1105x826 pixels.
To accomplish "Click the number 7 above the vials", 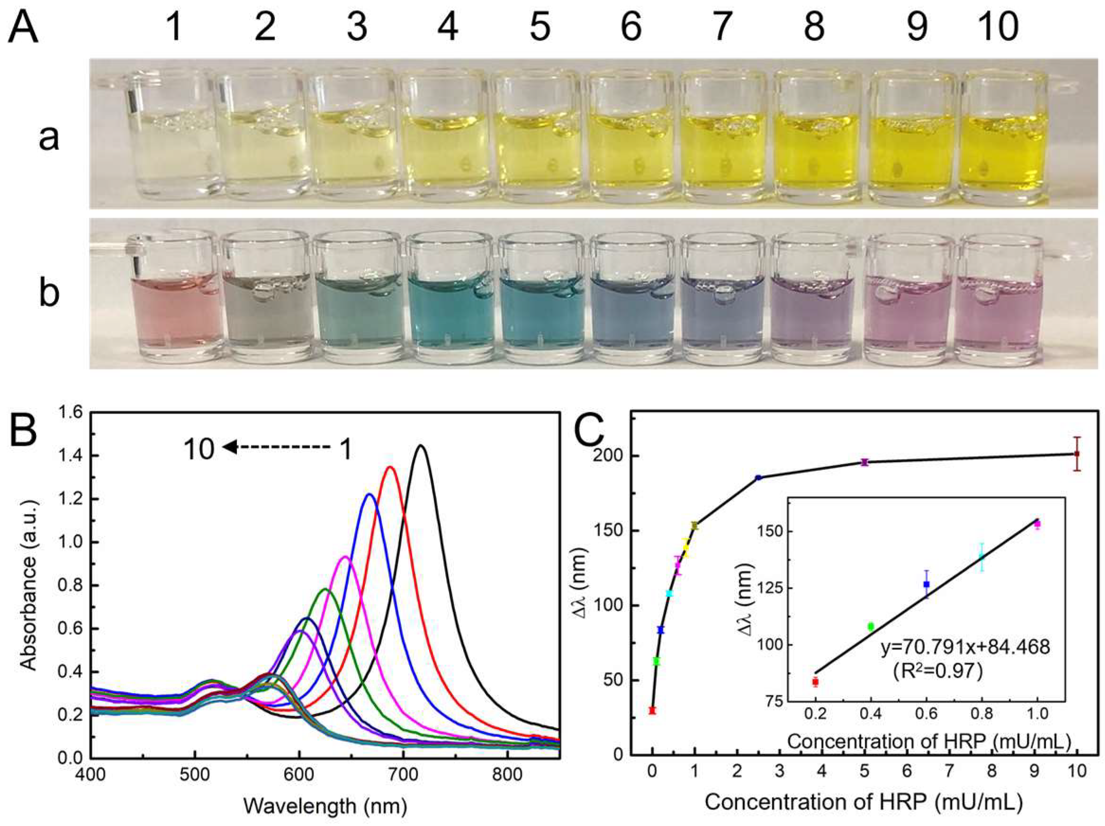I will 721,27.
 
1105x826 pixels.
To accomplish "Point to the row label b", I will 49,293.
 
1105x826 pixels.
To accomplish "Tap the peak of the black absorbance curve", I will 421,445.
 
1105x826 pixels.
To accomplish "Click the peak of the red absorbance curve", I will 390,467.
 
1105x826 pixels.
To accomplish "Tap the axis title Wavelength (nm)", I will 325,805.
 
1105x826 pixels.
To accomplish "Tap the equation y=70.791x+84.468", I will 965,647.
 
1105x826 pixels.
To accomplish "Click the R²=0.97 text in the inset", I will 938,671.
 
